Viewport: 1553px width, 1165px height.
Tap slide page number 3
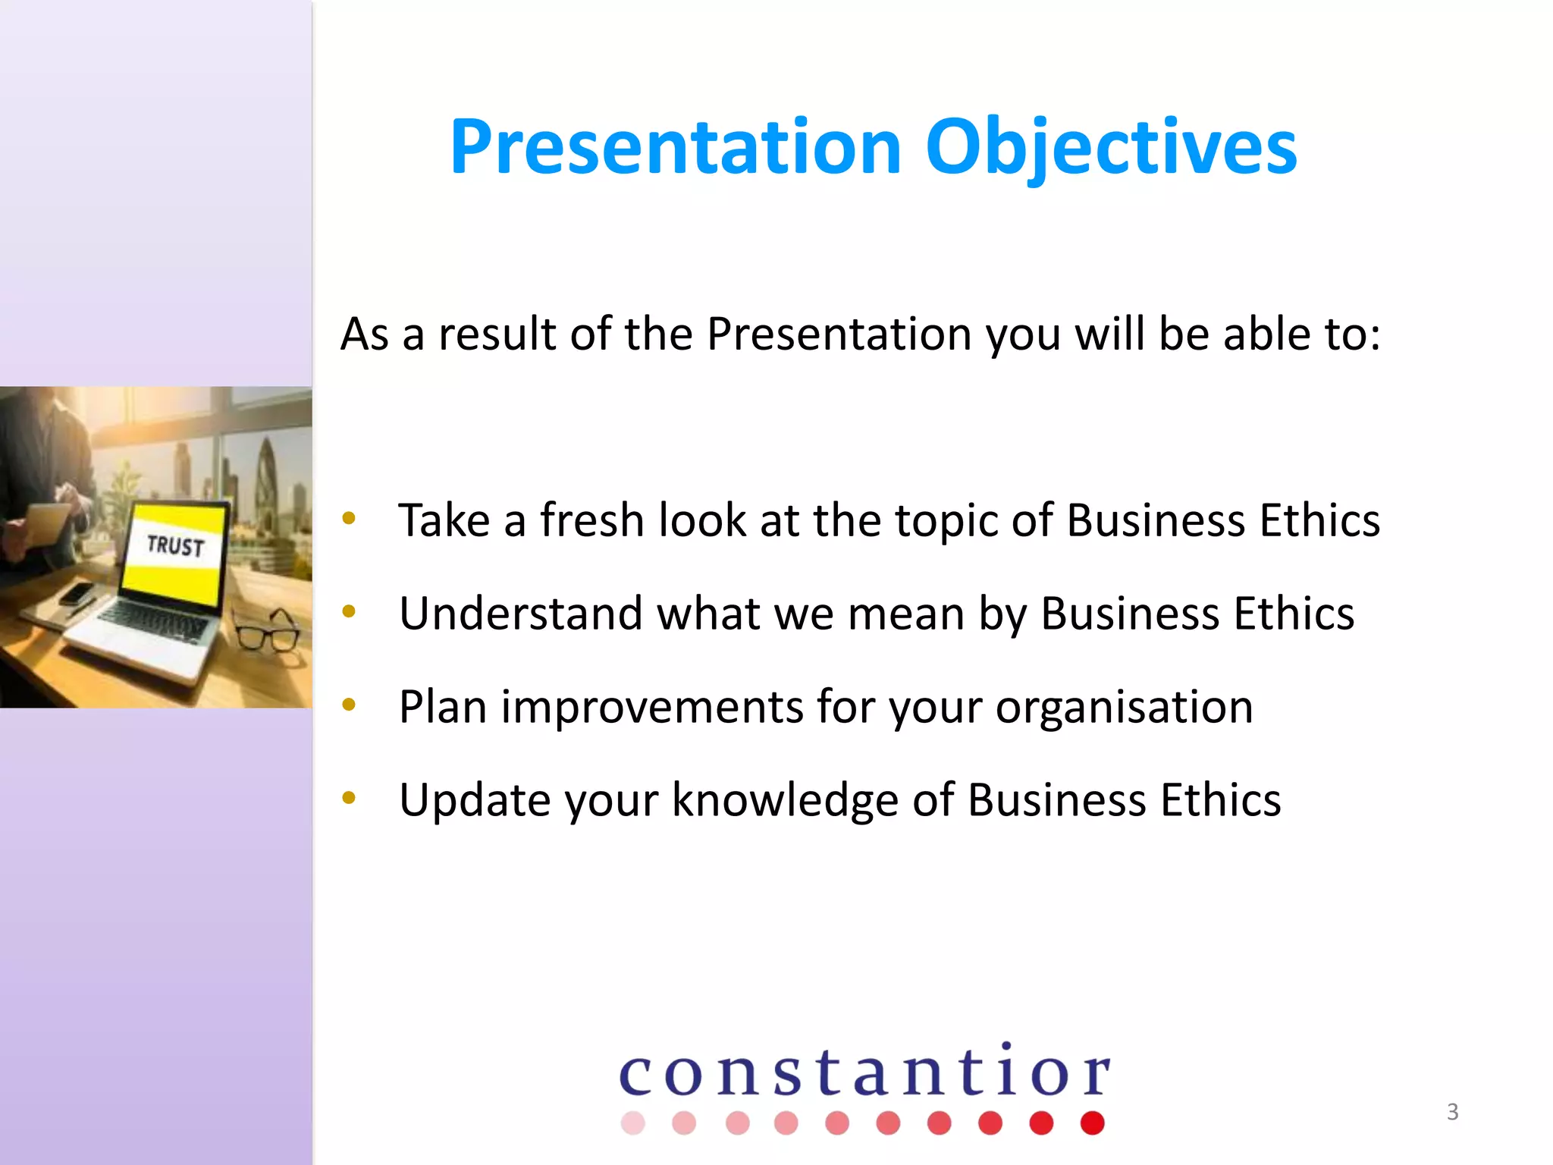[x=1452, y=1111]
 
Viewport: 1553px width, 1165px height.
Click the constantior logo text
[x=864, y=1072]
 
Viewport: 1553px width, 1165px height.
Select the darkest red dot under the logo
[x=1092, y=1123]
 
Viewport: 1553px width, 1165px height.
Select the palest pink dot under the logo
[x=632, y=1123]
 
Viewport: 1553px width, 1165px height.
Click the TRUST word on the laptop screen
[x=175, y=545]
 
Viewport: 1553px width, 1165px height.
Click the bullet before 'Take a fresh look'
[x=349, y=519]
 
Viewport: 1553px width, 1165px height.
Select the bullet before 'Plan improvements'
[x=349, y=705]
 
